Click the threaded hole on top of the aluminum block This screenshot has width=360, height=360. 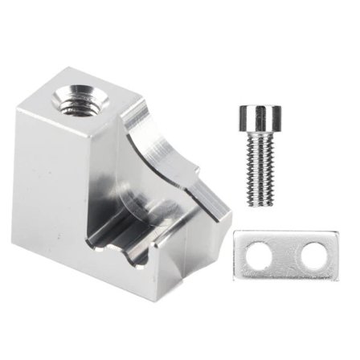80,103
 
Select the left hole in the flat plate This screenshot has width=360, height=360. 260,256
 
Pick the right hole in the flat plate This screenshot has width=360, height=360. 311,256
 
